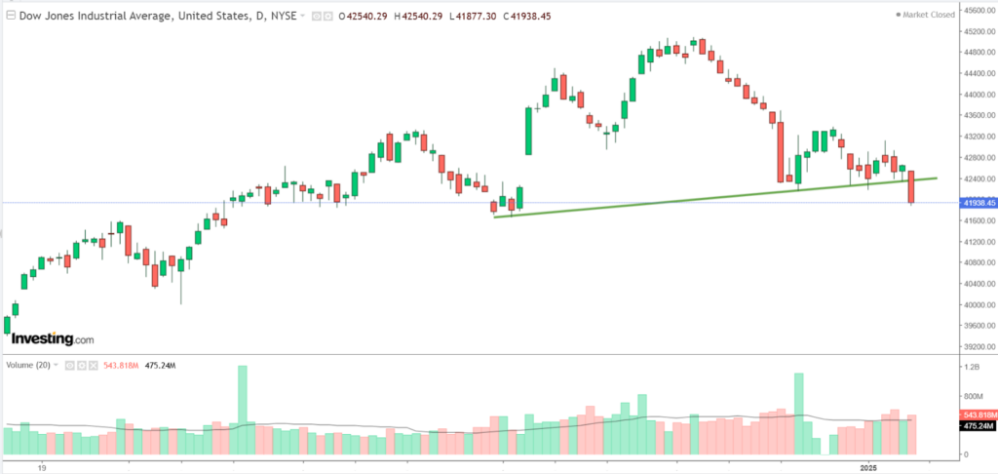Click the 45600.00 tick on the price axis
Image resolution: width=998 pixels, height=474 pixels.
[x=978, y=11]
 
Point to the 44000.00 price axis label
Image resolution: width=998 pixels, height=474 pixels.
[x=978, y=95]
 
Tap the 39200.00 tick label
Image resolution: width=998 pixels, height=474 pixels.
[x=978, y=346]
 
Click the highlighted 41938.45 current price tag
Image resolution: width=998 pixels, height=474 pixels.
[x=978, y=203]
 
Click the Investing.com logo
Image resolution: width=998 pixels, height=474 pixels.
[x=53, y=338]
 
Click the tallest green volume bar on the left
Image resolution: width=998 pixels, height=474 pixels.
[x=243, y=410]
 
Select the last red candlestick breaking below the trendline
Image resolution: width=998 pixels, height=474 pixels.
[x=912, y=187]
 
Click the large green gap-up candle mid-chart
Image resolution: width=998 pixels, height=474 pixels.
[x=528, y=131]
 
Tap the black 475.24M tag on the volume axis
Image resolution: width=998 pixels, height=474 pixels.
[x=978, y=425]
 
